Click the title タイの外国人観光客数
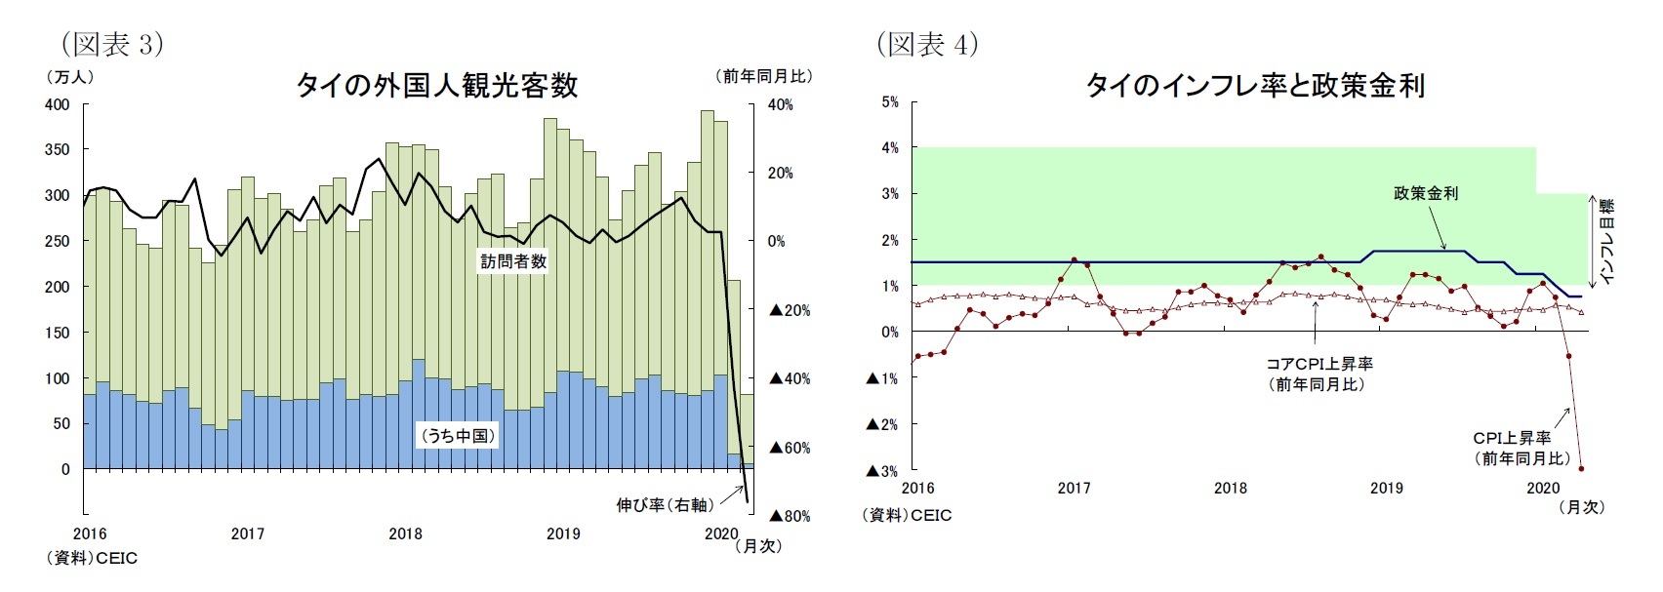(436, 86)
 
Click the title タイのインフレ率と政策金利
(1255, 86)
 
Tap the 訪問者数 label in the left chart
(513, 261)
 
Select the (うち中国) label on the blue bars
(457, 436)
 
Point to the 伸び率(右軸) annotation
(665, 504)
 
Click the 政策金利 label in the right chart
(1425, 193)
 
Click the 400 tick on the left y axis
(58, 104)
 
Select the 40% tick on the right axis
(781, 104)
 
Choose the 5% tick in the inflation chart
(889, 101)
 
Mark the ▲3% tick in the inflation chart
(882, 471)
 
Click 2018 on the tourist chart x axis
(405, 533)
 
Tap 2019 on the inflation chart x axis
(1386, 488)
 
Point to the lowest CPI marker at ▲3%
(1581, 469)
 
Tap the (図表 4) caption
(927, 44)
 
